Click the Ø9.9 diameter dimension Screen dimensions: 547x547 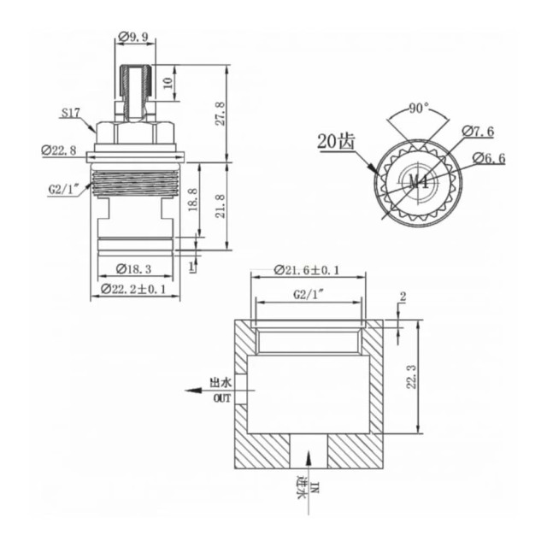click(x=134, y=37)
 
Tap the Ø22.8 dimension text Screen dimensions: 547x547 click(x=59, y=150)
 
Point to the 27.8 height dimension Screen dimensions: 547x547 click(x=220, y=112)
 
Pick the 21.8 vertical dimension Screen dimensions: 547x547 click(x=220, y=205)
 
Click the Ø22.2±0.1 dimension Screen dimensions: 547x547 click(x=136, y=289)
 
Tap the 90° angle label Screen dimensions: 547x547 click(x=418, y=109)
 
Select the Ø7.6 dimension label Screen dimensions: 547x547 click(x=479, y=131)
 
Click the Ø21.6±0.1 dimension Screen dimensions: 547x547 click(x=308, y=270)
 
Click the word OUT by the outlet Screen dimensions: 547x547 click(x=220, y=397)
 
